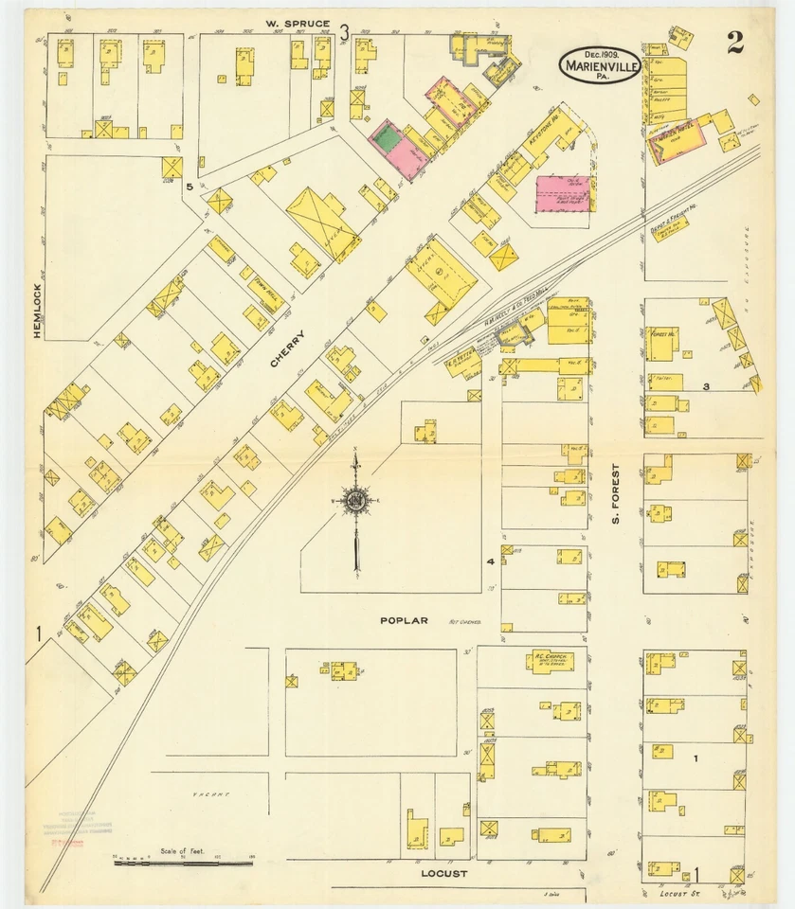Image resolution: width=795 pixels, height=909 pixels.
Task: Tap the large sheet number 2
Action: click(x=735, y=42)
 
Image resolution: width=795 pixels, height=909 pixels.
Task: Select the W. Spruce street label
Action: click(x=298, y=24)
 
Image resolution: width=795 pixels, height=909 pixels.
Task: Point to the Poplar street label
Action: click(x=404, y=621)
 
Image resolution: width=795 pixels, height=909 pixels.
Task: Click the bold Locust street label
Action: click(x=443, y=874)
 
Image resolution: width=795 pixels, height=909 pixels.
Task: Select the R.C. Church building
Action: click(x=550, y=660)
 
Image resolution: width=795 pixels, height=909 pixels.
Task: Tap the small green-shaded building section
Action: click(x=386, y=137)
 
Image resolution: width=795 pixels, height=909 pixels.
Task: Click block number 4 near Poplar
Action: click(x=491, y=562)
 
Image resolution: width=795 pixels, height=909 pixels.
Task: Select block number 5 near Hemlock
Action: click(x=190, y=187)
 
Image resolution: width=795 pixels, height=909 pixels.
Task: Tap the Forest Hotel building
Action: click(x=662, y=343)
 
